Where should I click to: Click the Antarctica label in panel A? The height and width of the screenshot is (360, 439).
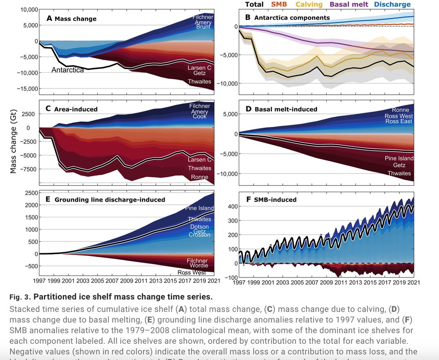[x=68, y=70]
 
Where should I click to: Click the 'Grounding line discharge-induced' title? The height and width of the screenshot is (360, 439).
[x=110, y=200]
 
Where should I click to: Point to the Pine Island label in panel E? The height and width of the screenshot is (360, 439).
[x=199, y=208]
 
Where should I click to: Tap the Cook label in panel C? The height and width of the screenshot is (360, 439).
[x=200, y=117]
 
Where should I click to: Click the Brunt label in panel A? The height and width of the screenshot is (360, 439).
[x=203, y=27]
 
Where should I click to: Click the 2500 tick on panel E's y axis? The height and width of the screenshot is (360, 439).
[x=31, y=193]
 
